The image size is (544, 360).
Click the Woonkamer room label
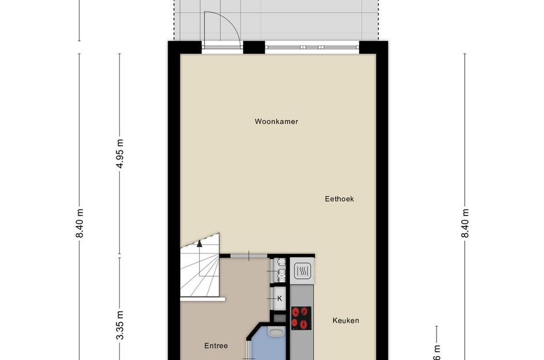point(276,122)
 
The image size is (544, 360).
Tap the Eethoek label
point(338,199)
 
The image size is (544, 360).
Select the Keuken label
point(345,320)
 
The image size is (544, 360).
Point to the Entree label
point(216,346)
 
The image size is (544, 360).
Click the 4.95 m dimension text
point(120,154)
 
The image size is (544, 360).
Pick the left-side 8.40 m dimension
point(79,223)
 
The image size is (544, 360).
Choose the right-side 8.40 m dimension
point(465,223)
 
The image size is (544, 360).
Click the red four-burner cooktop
point(301,317)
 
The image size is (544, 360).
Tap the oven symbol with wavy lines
point(302,270)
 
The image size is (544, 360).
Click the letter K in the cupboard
point(280,298)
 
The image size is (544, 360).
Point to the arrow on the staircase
point(200,243)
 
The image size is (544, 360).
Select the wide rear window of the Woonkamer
point(312,46)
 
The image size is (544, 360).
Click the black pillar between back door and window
point(253,47)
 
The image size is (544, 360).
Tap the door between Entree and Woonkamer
point(249,255)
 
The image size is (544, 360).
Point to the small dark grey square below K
point(279,317)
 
